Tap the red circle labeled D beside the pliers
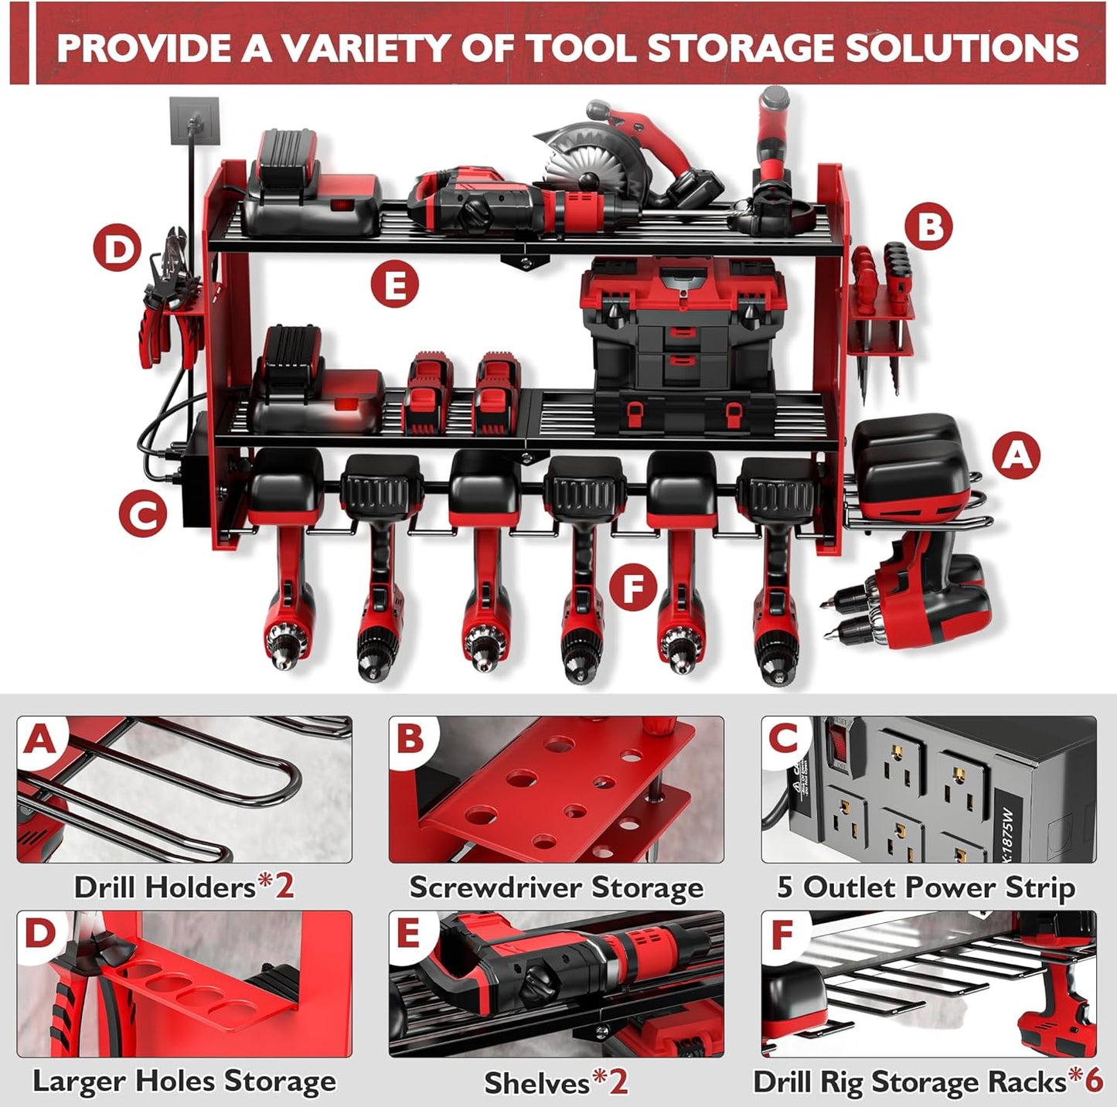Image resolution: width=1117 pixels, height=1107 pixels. click(117, 250)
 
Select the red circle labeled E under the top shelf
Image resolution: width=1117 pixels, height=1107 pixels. click(394, 285)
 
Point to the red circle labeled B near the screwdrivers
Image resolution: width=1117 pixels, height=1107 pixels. click(929, 228)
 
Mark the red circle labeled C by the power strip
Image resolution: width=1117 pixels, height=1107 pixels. click(143, 513)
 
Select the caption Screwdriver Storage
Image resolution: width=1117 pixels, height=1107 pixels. click(556, 887)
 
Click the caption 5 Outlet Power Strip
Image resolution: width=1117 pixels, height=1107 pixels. click(926, 887)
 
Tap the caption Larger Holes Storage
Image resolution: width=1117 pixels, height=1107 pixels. click(184, 1081)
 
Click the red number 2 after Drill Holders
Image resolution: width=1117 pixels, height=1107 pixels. click(284, 887)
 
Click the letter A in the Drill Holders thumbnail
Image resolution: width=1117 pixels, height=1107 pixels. click(39, 740)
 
